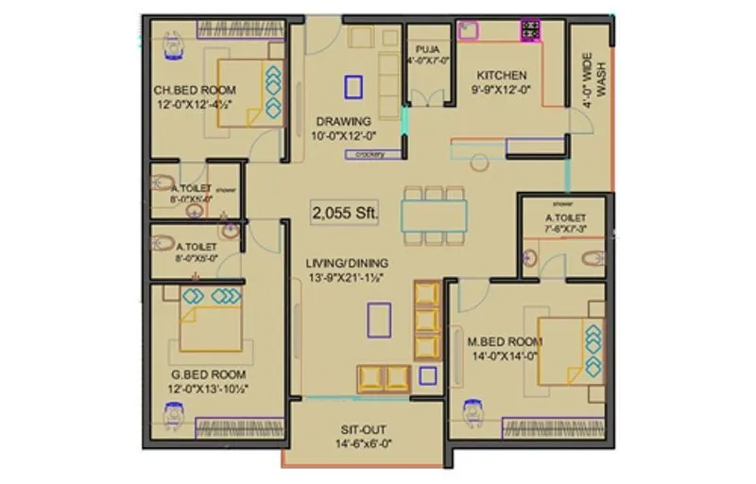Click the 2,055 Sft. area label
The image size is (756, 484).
coord(345,214)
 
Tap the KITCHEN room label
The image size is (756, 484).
coord(501,76)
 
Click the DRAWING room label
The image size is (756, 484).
coord(343,121)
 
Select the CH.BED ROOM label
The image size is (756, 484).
coord(194,91)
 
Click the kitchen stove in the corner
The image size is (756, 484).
coord(530,30)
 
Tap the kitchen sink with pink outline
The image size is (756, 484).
coord(468,30)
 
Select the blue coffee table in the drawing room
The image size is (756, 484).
coord(353,87)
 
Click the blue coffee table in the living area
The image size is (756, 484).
coord(380,319)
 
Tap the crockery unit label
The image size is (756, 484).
coord(369,154)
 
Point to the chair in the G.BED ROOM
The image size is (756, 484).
coord(175,413)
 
